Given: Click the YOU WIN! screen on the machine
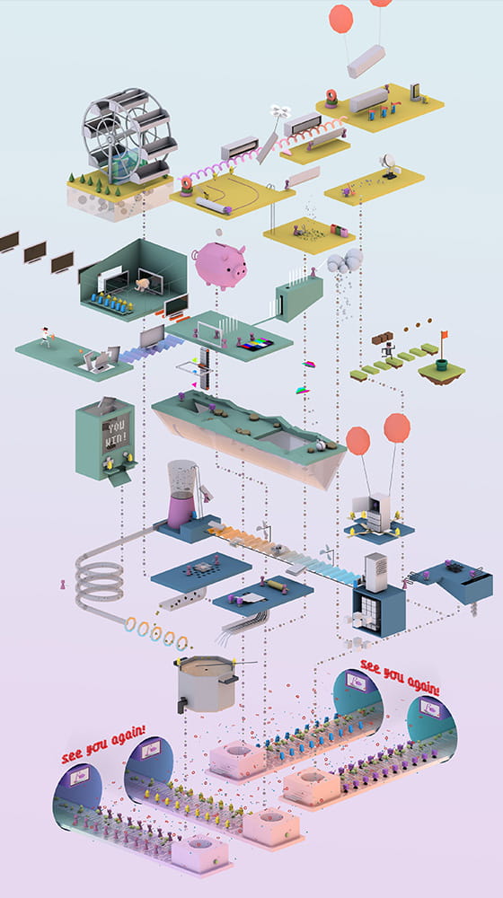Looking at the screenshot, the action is (x=116, y=436).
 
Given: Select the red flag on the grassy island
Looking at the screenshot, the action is (x=444, y=334).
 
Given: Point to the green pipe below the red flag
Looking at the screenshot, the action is (x=441, y=365).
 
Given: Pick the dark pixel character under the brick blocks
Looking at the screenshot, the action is (x=390, y=349).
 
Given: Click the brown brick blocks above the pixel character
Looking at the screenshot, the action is (x=382, y=338).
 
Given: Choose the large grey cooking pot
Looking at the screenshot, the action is (x=207, y=683).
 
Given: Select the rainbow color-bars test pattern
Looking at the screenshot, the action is (x=255, y=344).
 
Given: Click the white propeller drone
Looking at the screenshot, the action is (x=280, y=111).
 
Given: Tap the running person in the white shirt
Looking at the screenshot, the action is (x=46, y=338).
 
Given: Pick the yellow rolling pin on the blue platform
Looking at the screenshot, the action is (x=276, y=585).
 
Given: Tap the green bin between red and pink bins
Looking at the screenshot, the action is (x=339, y=231).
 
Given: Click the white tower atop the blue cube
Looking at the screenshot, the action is (x=376, y=572).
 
